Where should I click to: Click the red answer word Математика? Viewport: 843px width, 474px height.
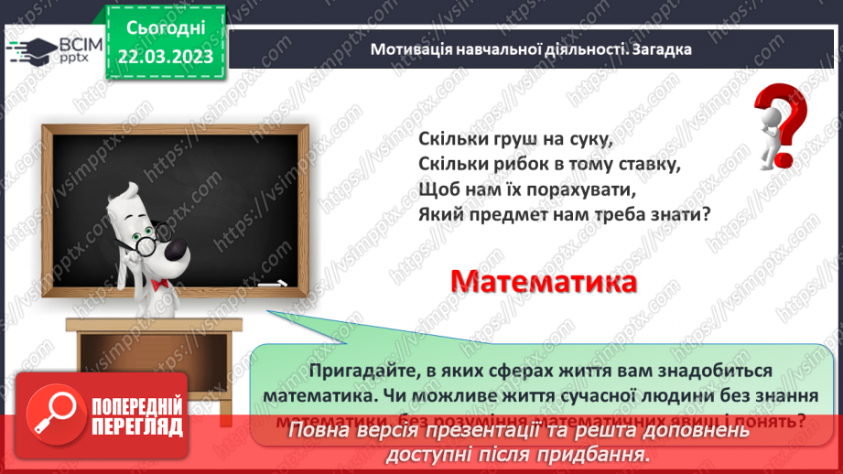544,281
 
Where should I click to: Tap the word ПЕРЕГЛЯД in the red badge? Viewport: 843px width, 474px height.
137,427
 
